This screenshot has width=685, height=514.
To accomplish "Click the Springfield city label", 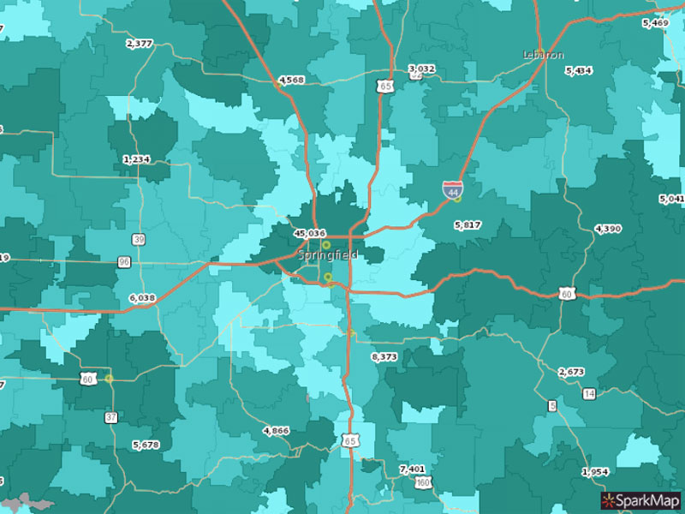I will [x=329, y=255].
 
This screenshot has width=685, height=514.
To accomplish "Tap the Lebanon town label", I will [x=544, y=55].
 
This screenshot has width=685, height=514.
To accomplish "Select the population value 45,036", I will [x=309, y=233].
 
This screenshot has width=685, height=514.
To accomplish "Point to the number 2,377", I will [x=139, y=43].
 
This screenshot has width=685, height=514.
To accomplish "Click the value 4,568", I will [x=291, y=81].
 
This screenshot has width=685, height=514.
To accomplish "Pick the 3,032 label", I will [x=421, y=69].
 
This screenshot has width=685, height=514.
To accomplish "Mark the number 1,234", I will [x=136, y=159].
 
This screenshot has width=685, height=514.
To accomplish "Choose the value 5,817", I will [x=468, y=224].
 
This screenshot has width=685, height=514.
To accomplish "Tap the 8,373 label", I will [x=384, y=356].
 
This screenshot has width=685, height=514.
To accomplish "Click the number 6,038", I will [x=142, y=298].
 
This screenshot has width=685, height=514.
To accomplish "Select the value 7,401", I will [x=412, y=469].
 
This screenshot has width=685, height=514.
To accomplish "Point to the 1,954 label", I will [x=595, y=472].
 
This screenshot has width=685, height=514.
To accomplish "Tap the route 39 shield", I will [x=139, y=239].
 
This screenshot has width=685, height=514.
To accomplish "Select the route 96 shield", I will [x=124, y=261].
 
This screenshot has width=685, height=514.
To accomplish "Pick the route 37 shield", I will [x=111, y=417].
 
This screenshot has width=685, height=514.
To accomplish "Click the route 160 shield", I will [x=423, y=483].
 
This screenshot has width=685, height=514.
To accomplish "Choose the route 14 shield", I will [x=588, y=393].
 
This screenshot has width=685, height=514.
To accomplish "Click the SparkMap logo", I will [x=640, y=499].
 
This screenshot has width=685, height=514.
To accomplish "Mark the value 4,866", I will [x=276, y=430].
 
